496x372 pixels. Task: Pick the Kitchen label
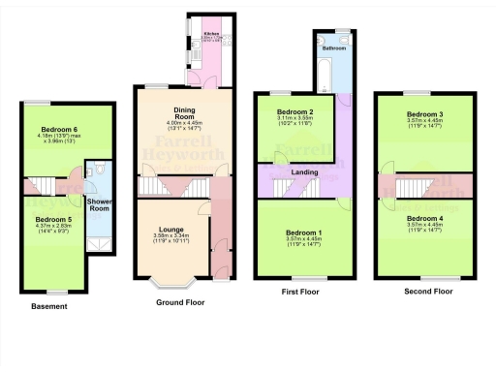[211, 34]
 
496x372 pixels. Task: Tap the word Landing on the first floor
[305, 171]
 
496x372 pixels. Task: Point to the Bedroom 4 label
[425, 219]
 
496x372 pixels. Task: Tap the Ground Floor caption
[182, 302]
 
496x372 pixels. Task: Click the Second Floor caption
[429, 291]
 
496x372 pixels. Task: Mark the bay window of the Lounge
[170, 283]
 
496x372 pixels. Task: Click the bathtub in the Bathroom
[323, 71]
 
